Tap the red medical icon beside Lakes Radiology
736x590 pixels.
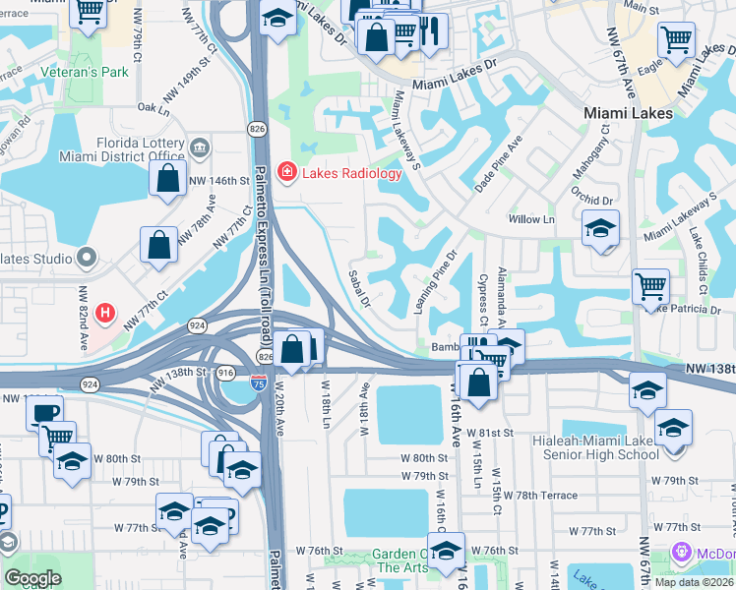coord(286,173)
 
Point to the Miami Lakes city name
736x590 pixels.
coord(628,113)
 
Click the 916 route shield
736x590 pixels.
coord(225,373)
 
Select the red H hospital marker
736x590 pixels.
coord(105,316)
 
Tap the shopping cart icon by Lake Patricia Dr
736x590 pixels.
coord(650,287)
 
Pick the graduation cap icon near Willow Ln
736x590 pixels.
coord(600,229)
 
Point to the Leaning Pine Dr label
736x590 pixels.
coord(434,279)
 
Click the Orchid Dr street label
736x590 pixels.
coord(594,200)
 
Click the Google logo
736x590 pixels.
coord(32,578)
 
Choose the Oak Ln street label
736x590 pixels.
coord(155,108)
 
